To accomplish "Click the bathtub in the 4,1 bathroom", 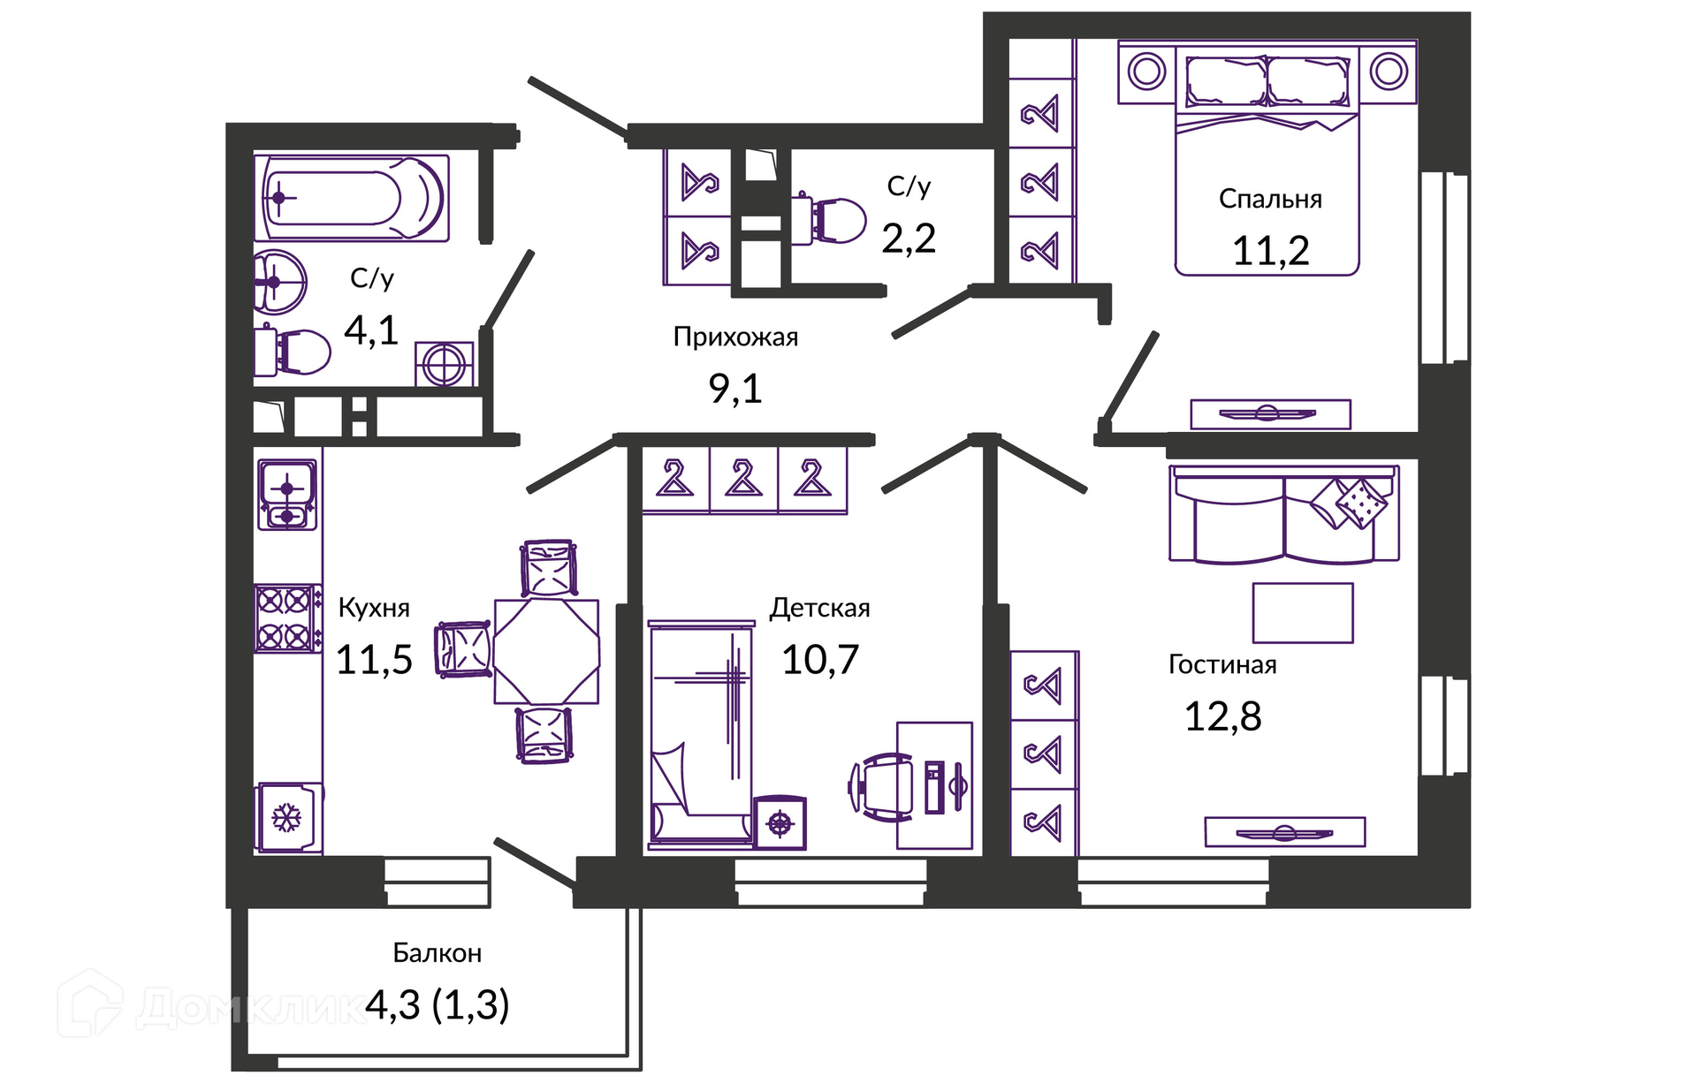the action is click(x=352, y=198).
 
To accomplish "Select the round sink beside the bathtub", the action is click(x=279, y=283).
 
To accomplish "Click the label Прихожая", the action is click(x=735, y=337).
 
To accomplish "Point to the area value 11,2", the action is click(x=1270, y=251).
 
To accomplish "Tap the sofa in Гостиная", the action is click(x=1284, y=515).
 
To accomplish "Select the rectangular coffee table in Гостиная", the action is click(x=1303, y=612).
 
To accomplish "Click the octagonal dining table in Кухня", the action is click(x=546, y=652).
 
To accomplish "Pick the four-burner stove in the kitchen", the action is click(x=287, y=618).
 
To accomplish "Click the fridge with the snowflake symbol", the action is click(x=288, y=818).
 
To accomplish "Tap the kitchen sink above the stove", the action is click(x=287, y=494).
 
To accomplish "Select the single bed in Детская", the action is click(x=702, y=732).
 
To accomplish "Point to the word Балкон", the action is click(x=438, y=953).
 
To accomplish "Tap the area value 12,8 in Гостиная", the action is click(x=1222, y=716).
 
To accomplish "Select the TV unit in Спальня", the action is click(x=1270, y=413).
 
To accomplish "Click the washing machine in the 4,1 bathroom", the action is click(x=445, y=364).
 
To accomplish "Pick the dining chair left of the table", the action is click(x=463, y=649).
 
